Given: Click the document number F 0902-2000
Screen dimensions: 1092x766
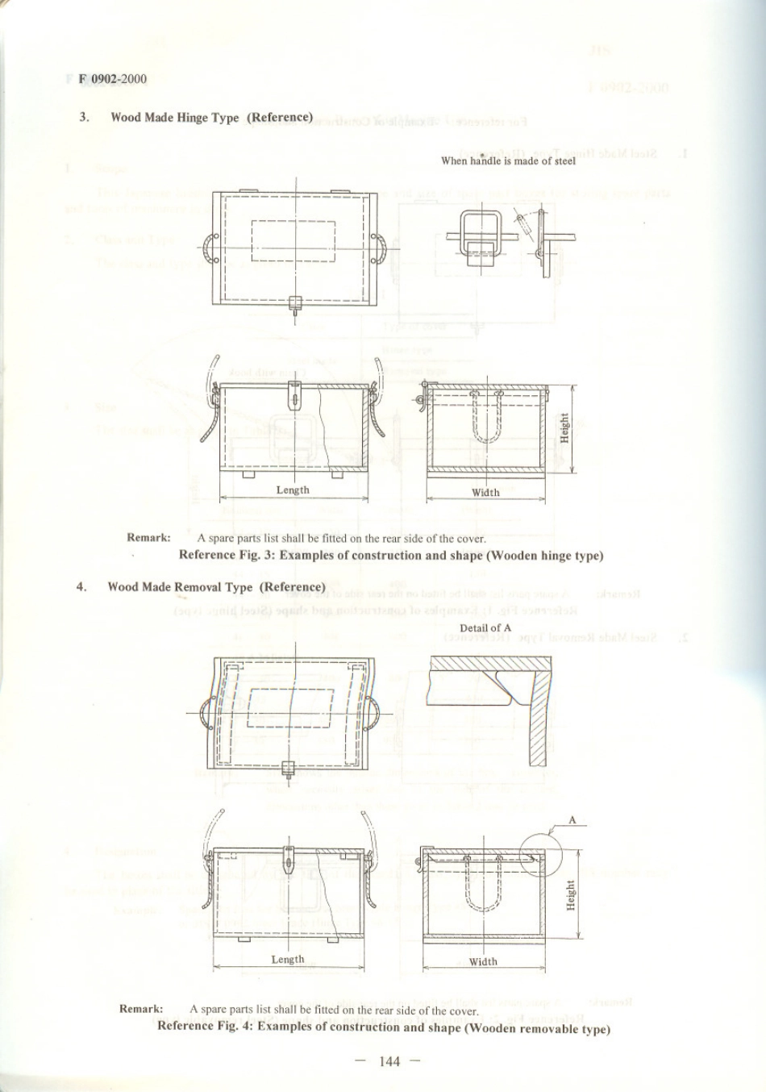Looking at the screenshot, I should pyautogui.click(x=113, y=79).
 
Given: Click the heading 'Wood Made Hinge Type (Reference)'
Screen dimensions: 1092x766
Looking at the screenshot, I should pyautogui.click(x=211, y=118).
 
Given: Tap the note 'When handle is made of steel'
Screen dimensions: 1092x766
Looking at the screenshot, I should pyautogui.click(x=508, y=160).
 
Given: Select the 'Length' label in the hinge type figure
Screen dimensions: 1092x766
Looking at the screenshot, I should pyautogui.click(x=293, y=490).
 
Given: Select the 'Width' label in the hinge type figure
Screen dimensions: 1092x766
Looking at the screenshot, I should pyautogui.click(x=485, y=492).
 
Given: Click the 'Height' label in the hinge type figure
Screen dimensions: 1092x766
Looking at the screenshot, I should pyautogui.click(x=564, y=427).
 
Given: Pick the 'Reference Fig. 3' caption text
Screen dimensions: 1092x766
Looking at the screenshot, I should pyautogui.click(x=391, y=555).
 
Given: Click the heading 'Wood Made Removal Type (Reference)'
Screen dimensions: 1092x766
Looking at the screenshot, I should pyautogui.click(x=216, y=587).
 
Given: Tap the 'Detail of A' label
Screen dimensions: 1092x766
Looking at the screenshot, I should pyautogui.click(x=485, y=627).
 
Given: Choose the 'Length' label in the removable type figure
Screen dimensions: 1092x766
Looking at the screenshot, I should pyautogui.click(x=288, y=959).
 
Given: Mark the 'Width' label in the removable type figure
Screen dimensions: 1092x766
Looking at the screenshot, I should pyautogui.click(x=483, y=961).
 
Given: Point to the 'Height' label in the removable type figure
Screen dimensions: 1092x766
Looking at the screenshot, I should pyautogui.click(x=571, y=895).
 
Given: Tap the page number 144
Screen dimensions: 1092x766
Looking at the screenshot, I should pyautogui.click(x=389, y=1061).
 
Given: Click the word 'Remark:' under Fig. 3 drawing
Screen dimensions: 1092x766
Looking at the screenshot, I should pyautogui.click(x=148, y=538).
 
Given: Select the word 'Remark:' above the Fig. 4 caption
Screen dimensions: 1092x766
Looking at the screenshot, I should pyautogui.click(x=141, y=1009).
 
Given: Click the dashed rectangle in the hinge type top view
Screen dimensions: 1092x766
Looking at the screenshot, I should pyautogui.click(x=293, y=241).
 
